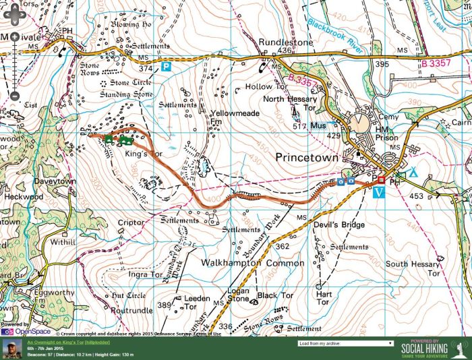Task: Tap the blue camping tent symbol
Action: pos(414,173)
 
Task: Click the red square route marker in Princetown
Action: pos(381,180)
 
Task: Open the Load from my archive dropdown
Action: pos(345,343)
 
